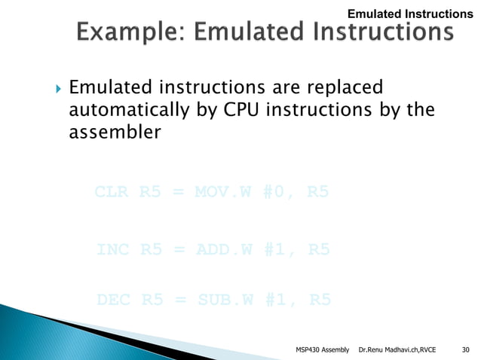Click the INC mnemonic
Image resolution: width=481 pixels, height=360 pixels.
pos(113,249)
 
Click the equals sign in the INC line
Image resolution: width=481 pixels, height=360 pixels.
pos(178,249)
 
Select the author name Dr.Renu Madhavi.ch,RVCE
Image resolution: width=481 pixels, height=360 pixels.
pos(397,349)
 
